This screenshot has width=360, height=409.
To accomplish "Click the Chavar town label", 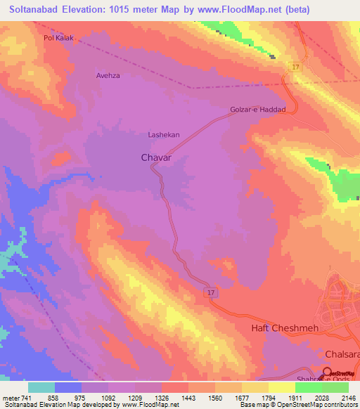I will (156, 158).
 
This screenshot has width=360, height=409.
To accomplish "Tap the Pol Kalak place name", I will (58, 38).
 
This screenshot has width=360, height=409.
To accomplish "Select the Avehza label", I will (110, 74).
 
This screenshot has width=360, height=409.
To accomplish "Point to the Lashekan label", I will (164, 134).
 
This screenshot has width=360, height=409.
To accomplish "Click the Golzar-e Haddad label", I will (258, 110).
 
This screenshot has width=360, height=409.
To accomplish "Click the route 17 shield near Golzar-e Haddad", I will (296, 66).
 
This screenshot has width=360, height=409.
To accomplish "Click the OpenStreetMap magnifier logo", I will (326, 372).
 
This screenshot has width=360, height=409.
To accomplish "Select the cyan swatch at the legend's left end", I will (41, 387).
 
